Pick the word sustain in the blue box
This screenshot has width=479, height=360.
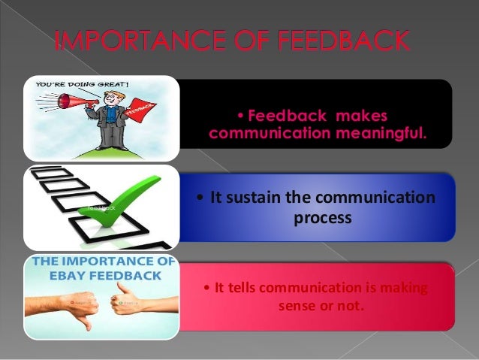pyautogui.click(x=255, y=198)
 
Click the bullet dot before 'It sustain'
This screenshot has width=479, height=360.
pyautogui.click(x=199, y=199)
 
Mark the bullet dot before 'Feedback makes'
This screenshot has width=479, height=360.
pyautogui.click(x=239, y=117)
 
